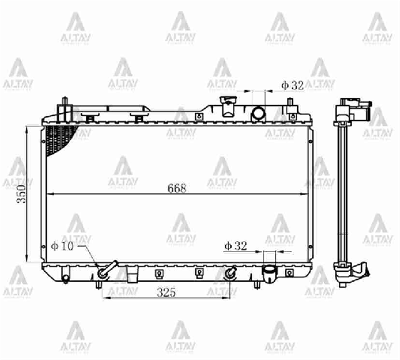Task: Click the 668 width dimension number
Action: (177, 188)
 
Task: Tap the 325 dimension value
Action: (166, 292)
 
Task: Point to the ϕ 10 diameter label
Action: (62, 246)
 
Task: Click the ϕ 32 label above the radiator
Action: (292, 85)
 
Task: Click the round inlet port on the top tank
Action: (258, 114)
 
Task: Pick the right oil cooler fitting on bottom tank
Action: (230, 273)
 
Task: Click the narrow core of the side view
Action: (342, 192)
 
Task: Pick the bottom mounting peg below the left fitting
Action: (98, 284)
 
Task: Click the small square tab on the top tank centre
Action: (197, 116)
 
